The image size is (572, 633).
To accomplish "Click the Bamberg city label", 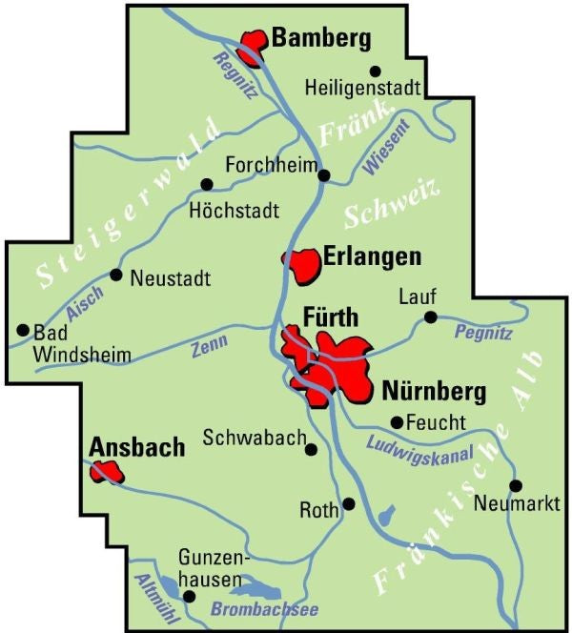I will (x=320, y=39).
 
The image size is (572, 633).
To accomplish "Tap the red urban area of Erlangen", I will (x=305, y=264).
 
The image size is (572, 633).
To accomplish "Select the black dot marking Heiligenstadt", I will (x=375, y=71).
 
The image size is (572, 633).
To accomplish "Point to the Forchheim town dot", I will (x=324, y=175).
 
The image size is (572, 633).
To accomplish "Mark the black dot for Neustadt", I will (x=116, y=275).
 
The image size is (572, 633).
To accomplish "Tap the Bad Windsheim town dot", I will (x=23, y=330).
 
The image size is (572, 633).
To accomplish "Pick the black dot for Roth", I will (x=349, y=503).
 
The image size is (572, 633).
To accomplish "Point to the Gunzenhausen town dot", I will (x=189, y=597).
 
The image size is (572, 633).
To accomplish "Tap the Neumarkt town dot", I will (x=516, y=484).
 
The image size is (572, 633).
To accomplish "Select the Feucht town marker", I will (x=398, y=421).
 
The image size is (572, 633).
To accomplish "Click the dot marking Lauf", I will (x=430, y=317).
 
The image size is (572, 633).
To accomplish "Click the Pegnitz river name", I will (x=483, y=333).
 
